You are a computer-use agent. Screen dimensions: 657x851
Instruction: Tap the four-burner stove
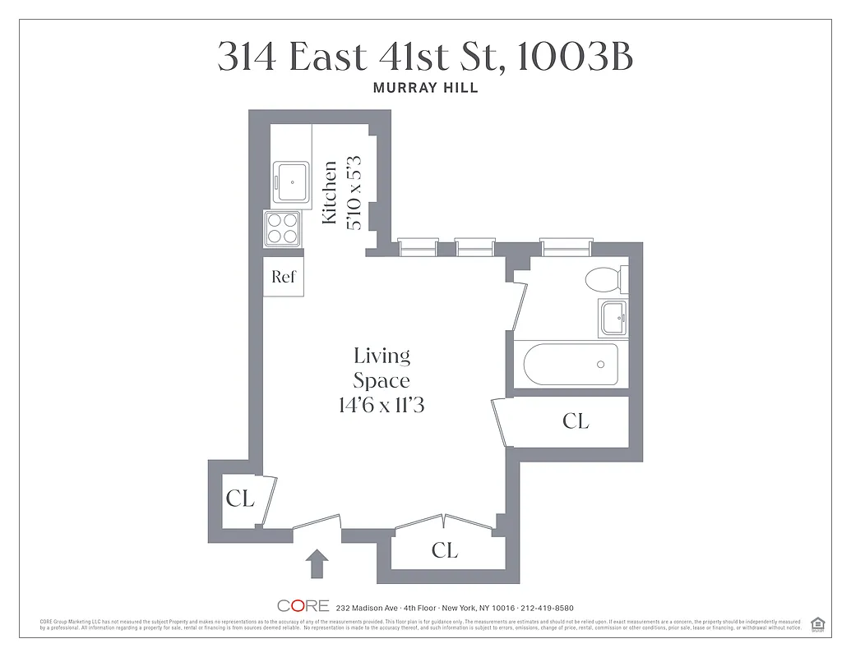(281, 228)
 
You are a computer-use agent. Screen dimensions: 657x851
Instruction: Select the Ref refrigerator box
(283, 277)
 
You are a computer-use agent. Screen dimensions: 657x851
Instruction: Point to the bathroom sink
(613, 318)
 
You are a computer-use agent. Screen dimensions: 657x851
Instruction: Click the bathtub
(571, 364)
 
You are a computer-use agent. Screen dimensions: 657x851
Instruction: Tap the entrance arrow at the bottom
(317, 564)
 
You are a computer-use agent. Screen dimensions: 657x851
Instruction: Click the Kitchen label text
(330, 192)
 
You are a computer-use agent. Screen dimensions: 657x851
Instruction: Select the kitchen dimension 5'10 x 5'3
(355, 192)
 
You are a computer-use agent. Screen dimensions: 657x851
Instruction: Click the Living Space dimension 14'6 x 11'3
(382, 404)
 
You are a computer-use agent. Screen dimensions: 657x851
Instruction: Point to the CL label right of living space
(576, 421)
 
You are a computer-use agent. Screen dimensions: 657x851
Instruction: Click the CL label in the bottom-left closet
(240, 498)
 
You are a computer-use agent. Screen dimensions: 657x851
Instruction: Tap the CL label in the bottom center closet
(444, 550)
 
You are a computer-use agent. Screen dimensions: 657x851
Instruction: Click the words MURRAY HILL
(425, 89)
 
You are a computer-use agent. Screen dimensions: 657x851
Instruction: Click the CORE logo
(303, 606)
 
